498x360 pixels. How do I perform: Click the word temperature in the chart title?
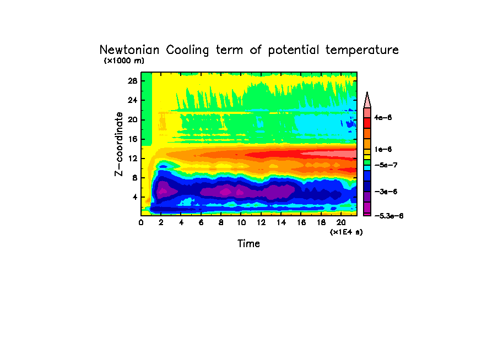(362, 50)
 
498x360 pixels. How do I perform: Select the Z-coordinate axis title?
(118, 144)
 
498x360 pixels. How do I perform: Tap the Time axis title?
(248, 243)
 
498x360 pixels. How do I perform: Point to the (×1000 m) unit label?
(124, 61)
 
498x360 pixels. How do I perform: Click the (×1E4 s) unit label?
(346, 232)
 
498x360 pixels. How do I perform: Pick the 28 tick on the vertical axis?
(133, 80)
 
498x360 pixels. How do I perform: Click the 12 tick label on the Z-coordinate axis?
(133, 159)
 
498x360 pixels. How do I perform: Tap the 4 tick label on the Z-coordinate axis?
(134, 197)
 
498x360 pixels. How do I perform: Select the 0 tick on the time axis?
(141, 222)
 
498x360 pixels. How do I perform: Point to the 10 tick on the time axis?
(241, 222)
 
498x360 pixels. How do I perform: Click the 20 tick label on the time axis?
(341, 222)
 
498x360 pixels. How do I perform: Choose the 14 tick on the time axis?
(281, 222)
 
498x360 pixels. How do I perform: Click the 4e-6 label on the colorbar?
(383, 118)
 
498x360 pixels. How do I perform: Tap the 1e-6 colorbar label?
(383, 149)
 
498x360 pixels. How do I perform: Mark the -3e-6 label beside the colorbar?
(385, 191)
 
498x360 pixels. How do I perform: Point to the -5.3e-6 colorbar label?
(388, 216)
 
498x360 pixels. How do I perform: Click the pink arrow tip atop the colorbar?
(367, 100)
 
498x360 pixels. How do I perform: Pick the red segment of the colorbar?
(367, 123)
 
